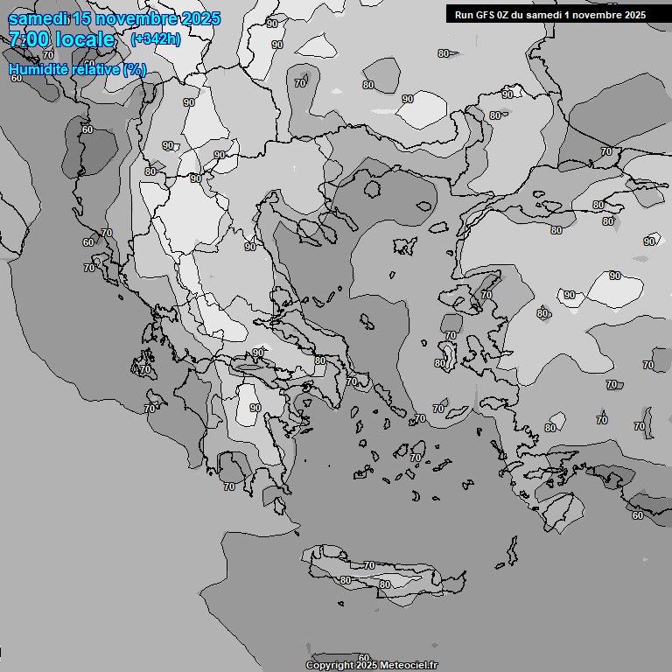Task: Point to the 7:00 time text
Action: pos(30,39)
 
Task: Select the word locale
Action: pos(84,39)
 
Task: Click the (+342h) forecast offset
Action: pos(155,39)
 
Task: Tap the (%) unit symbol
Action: pos(135,70)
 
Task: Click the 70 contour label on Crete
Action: pos(369,565)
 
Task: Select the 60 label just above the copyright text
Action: pos(364,657)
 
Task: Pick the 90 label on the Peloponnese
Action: pos(255,408)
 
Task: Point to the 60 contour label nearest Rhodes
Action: pos(638,515)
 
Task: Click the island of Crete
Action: pos(385,573)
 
